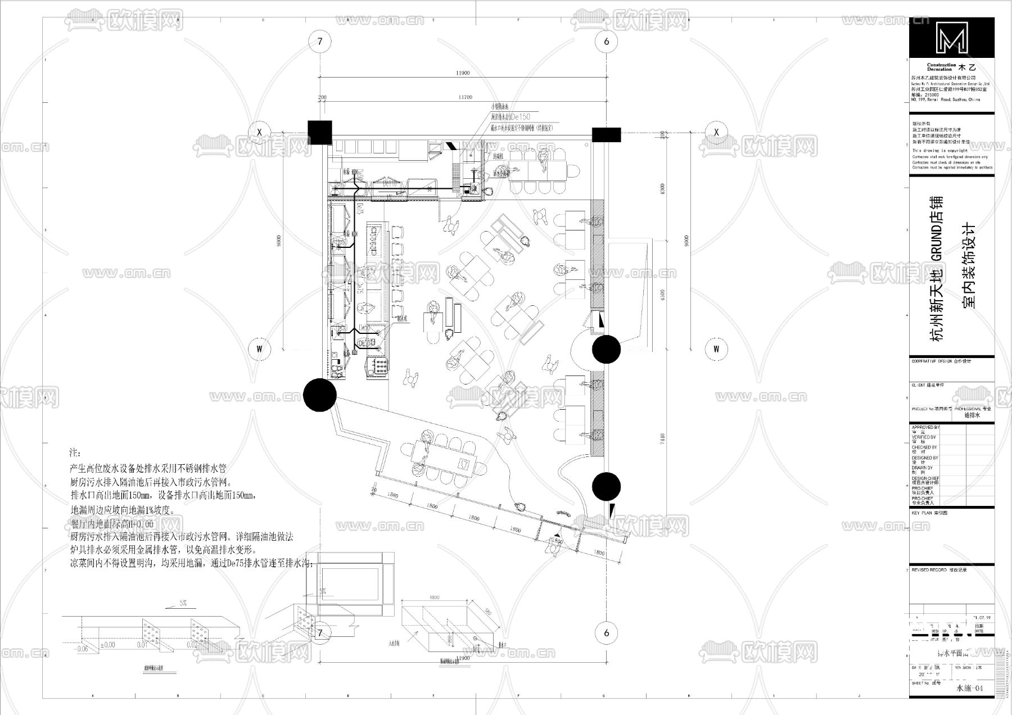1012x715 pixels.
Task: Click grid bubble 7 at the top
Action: click(x=320, y=41)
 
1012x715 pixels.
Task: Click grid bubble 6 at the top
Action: click(x=606, y=41)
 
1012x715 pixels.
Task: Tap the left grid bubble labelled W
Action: click(x=259, y=349)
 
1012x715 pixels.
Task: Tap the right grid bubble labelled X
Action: click(x=716, y=132)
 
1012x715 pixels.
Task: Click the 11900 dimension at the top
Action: click(x=462, y=73)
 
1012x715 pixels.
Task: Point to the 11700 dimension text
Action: click(x=465, y=97)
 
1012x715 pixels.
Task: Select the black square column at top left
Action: click(x=319, y=133)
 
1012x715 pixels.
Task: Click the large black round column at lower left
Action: click(x=320, y=394)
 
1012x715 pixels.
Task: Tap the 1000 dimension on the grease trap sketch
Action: click(x=433, y=598)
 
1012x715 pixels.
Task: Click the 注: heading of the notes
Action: click(x=75, y=452)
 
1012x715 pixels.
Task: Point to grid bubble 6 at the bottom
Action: click(x=606, y=633)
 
